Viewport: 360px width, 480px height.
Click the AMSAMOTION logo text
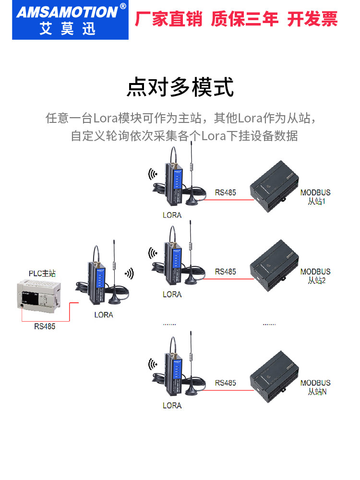(67, 12)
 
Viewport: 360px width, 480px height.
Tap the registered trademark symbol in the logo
(123, 6)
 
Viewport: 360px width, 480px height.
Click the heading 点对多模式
(180, 87)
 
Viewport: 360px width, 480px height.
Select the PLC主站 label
(42, 274)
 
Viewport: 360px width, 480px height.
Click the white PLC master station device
(39, 296)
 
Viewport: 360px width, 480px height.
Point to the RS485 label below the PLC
(45, 326)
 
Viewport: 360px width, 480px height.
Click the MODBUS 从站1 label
(315, 197)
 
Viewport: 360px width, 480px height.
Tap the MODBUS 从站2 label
(315, 276)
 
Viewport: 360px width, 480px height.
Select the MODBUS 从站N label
(315, 387)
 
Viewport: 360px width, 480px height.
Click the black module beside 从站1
(274, 186)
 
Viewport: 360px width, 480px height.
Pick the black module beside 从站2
(274, 266)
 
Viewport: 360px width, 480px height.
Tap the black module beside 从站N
(274, 377)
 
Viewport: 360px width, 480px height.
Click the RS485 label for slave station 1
(225, 192)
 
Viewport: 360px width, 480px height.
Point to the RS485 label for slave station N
(225, 383)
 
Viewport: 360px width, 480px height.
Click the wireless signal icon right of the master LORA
(130, 274)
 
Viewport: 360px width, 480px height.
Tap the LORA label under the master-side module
(104, 315)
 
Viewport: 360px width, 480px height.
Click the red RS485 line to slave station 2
(228, 279)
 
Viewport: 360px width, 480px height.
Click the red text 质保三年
(244, 19)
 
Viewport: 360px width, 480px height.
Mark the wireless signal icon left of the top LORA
(153, 174)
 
